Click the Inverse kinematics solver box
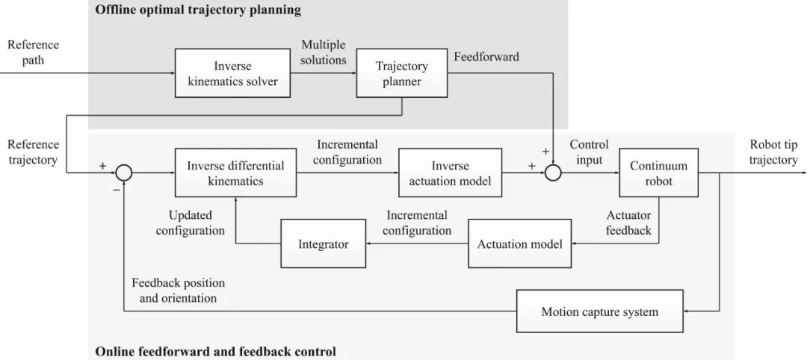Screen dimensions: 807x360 click(232, 73)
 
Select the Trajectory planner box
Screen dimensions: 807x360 click(401, 73)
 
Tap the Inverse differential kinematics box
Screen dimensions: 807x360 click(235, 173)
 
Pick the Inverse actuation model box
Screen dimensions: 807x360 click(451, 173)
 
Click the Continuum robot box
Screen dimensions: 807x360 click(659, 173)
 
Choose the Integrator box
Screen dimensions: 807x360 click(324, 243)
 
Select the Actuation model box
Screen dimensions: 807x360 click(520, 243)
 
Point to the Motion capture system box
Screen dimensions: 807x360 click(599, 311)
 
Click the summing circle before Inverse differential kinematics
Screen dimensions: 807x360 click(123, 173)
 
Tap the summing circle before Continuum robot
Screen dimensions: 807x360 click(552, 173)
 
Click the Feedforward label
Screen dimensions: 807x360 click(486, 57)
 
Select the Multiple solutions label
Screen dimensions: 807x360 click(324, 52)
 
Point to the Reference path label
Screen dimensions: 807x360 click(33, 52)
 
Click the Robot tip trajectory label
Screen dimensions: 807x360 click(773, 152)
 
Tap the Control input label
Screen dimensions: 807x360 click(589, 152)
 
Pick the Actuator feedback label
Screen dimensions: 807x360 click(628, 223)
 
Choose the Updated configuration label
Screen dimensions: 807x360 click(191, 223)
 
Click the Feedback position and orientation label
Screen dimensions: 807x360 click(178, 291)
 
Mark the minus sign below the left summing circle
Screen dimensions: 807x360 click(117, 190)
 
